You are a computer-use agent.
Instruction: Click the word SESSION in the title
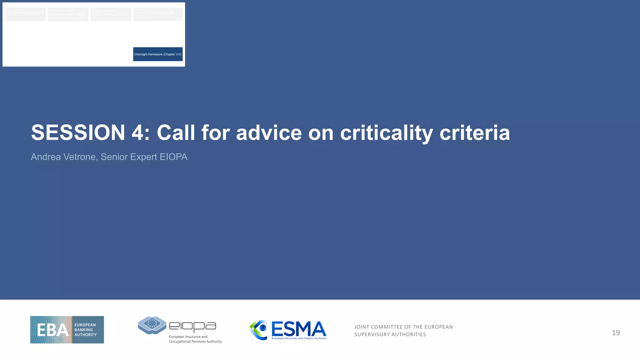78,133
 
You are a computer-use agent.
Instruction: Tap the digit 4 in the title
138,133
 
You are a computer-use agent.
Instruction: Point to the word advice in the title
269,133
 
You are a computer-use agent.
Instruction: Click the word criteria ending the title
475,133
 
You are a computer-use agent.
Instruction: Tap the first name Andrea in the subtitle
46,157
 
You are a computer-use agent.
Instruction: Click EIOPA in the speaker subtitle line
173,157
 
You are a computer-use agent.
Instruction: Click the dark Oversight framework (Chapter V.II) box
158,54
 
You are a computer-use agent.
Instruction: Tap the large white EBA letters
52,330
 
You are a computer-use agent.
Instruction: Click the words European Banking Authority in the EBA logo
85,330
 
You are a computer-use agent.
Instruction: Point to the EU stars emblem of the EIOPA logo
152,324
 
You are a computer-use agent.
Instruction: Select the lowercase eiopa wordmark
192,326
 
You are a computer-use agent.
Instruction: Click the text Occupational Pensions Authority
195,342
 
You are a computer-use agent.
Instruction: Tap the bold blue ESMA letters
298,329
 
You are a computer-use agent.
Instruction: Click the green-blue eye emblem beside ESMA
259,329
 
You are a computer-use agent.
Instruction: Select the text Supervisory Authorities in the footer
390,334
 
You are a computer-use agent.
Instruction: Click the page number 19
616,333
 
